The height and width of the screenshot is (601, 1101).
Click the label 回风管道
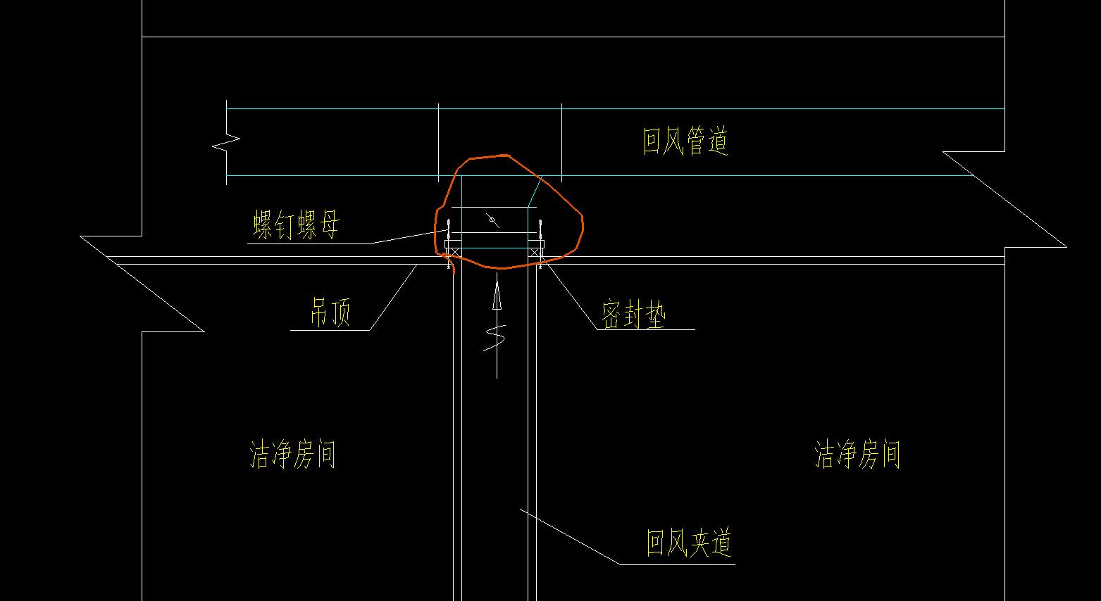point(685,141)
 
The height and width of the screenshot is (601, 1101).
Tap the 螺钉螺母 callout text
point(297,225)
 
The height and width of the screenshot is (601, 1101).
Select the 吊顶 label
point(330,312)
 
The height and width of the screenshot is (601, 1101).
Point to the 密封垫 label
point(634,314)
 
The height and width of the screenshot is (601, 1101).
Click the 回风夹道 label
point(689,543)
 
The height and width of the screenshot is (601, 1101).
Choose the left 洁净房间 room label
point(293,454)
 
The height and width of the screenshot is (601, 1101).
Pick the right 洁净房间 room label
point(858,454)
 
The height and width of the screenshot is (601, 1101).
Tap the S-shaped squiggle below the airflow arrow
point(494,338)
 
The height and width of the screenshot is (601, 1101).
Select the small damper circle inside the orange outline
point(492,220)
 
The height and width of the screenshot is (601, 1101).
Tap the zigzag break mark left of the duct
point(226,142)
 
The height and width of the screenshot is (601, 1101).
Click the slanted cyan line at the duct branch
point(534,194)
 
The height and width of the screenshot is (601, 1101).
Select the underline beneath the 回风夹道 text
point(678,564)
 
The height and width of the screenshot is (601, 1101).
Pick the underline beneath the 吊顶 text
point(330,331)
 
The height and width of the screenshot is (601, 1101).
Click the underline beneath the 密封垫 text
point(646,329)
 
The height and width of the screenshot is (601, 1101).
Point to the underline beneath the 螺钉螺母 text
point(309,243)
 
